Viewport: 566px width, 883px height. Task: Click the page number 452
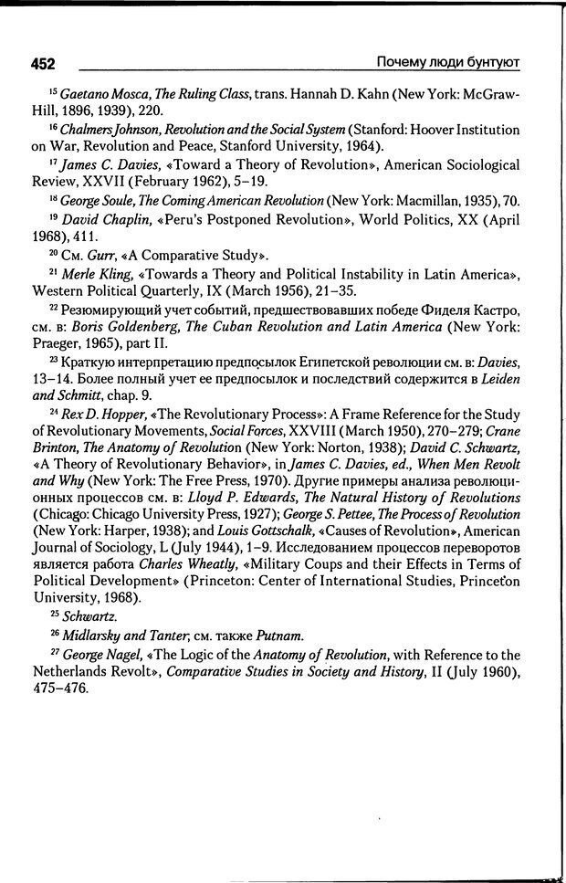[43, 64]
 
